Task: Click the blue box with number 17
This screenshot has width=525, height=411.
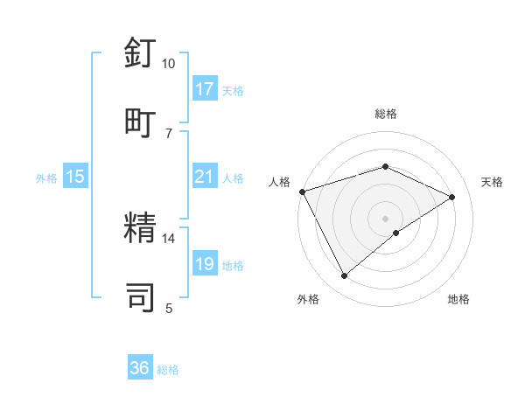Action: [x=205, y=88]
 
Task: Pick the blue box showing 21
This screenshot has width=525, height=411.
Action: [x=205, y=177]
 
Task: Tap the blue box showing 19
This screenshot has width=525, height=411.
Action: [x=205, y=264]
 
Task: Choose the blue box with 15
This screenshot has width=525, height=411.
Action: [x=75, y=177]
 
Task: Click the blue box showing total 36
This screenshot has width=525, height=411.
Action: [x=140, y=368]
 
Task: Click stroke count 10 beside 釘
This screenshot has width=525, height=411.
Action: [x=169, y=63]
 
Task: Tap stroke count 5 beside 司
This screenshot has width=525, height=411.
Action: [x=169, y=308]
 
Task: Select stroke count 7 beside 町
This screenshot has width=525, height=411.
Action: [x=169, y=133]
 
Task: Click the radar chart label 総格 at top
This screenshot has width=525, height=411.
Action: [x=386, y=114]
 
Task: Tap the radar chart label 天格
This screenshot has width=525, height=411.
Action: [x=492, y=182]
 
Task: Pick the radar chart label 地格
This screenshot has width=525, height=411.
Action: [x=458, y=299]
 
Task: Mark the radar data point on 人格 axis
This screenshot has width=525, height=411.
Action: [x=302, y=191]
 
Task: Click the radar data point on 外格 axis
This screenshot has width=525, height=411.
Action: [x=345, y=276]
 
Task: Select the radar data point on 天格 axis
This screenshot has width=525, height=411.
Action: [x=452, y=197]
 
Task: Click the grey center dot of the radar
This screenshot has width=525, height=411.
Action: [x=386, y=218]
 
